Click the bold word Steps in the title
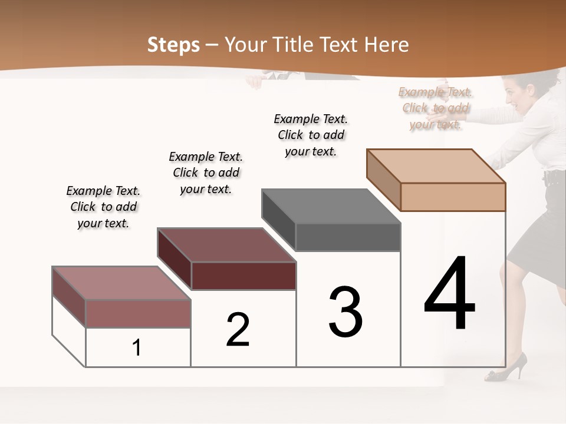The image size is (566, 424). point(173,45)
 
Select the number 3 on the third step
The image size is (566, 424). point(345,312)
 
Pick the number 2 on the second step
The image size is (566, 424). point(238,330)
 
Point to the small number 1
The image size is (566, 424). point(137,348)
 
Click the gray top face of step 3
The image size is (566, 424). point(330,206)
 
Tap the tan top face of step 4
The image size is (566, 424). point(436,166)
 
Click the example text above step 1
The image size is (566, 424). point(103,207)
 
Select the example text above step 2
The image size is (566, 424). point(206,173)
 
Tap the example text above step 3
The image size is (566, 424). point(311,135)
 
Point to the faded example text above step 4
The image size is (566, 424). point(435,108)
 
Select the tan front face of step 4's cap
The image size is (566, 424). point(453,197)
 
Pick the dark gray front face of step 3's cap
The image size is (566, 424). point(348,237)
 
